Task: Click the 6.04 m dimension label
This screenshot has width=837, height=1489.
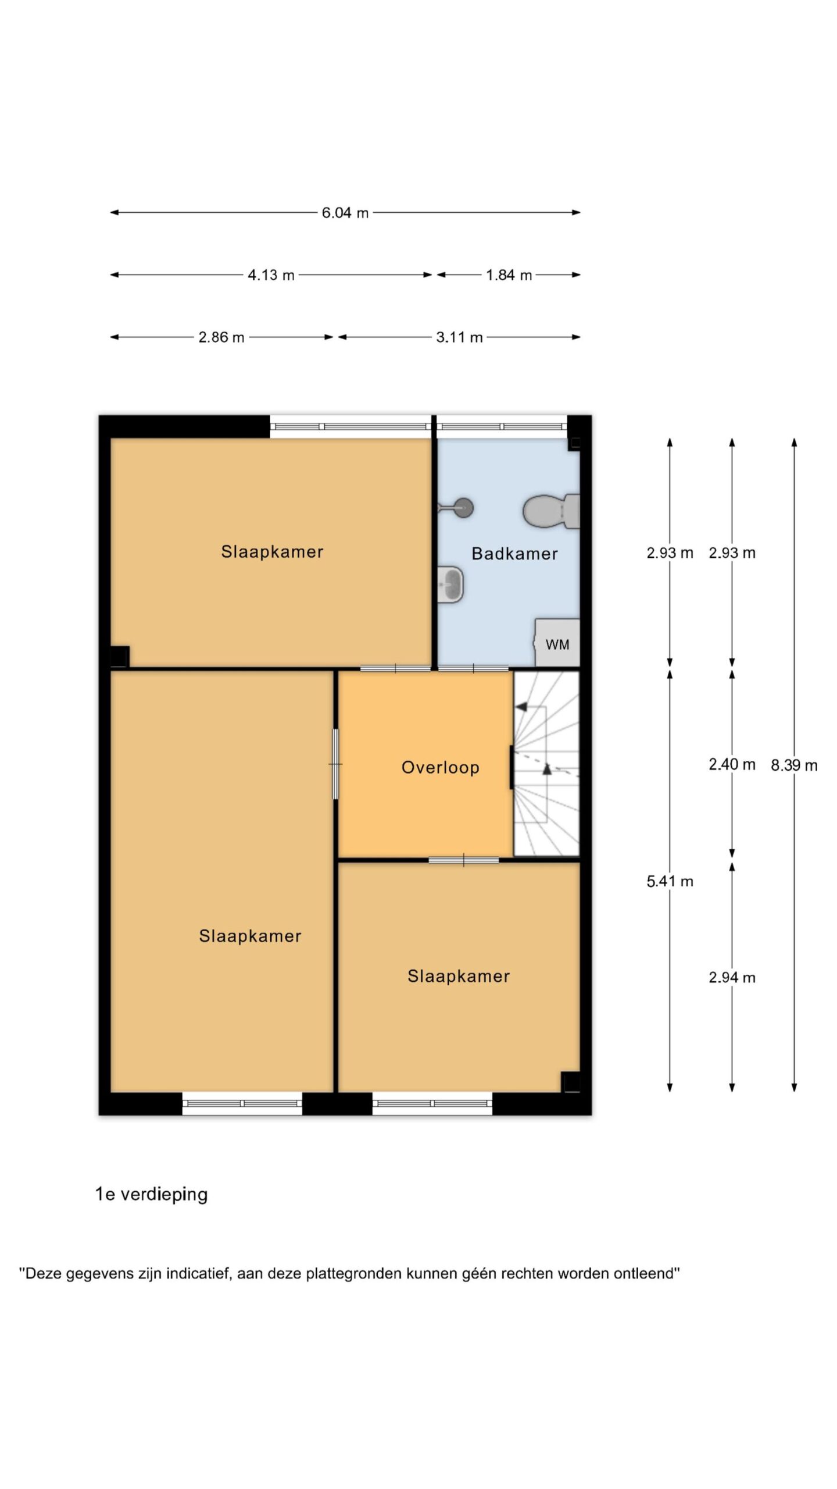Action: pos(345,213)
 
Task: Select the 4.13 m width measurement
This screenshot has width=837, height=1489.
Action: pos(271,275)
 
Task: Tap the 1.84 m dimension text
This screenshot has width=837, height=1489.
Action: pos(509,275)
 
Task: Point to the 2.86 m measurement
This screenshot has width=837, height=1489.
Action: pos(221,337)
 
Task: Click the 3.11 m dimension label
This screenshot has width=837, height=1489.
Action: pos(459,337)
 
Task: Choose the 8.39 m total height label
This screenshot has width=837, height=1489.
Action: pos(794,765)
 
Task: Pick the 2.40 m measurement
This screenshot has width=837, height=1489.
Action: pos(732,764)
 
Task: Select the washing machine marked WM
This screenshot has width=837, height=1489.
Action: pos(557,643)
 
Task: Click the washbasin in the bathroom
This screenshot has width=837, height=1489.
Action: pos(450,585)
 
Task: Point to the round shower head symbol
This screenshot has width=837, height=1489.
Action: pos(463,508)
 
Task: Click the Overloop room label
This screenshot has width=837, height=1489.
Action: pos(441,768)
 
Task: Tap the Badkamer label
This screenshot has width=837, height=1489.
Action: pos(514,554)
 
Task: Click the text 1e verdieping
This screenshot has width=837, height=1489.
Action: pos(152,1195)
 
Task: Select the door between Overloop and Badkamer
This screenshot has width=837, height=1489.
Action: pos(473,668)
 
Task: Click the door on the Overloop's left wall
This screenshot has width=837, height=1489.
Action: pos(336,764)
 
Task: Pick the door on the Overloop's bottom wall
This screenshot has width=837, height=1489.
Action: pos(463,860)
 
